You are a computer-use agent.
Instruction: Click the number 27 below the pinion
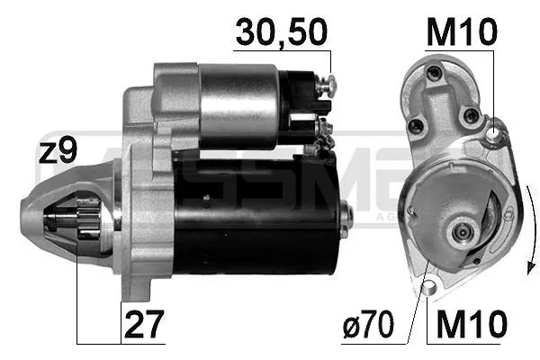pyautogui.click(x=142, y=322)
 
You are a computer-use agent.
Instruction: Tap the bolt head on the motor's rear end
pyautogui.click(x=346, y=216)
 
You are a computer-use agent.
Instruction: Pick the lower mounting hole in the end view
pyautogui.click(x=429, y=287)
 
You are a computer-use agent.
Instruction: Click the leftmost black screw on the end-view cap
pyautogui.click(x=415, y=127)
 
